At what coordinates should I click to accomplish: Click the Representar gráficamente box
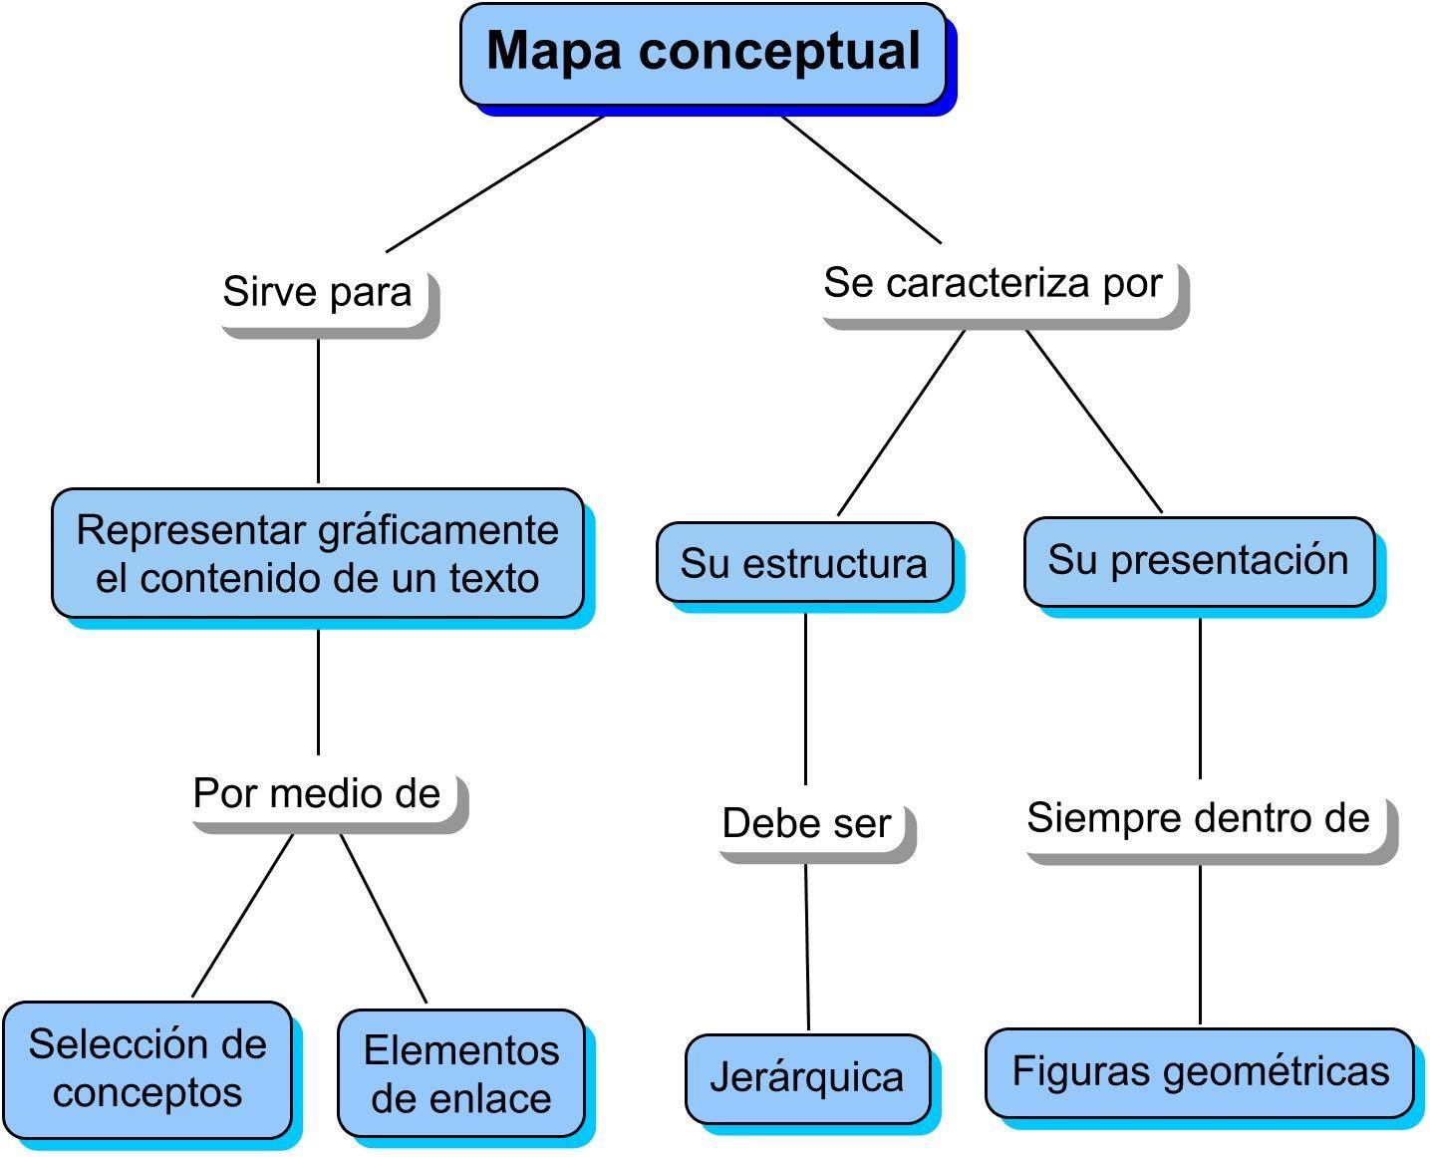click(x=317, y=553)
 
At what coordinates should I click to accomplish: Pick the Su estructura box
click(x=803, y=563)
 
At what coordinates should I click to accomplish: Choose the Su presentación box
click(x=1198, y=561)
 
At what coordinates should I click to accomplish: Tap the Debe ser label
click(x=808, y=824)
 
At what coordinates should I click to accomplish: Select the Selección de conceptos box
click(x=147, y=1069)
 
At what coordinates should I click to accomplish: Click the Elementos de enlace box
click(x=460, y=1074)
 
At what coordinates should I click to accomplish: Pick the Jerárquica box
click(x=807, y=1078)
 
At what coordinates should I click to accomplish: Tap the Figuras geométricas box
click(x=1200, y=1072)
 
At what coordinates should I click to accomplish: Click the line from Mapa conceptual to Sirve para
click(x=495, y=183)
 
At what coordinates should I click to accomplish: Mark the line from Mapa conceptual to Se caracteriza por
click(x=861, y=179)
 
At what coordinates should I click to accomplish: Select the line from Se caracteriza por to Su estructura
click(x=902, y=423)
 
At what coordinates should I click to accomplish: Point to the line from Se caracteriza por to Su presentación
click(x=1094, y=422)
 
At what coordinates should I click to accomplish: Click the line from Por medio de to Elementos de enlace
click(x=384, y=919)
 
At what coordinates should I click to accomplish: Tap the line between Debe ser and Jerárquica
click(x=807, y=947)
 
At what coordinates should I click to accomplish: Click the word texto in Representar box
click(x=494, y=579)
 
